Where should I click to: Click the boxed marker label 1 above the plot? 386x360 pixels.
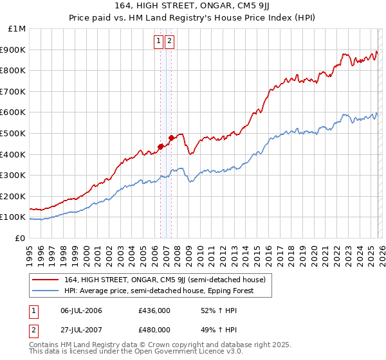158,41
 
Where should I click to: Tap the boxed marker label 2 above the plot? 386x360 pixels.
169,41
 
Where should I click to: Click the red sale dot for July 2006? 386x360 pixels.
160,147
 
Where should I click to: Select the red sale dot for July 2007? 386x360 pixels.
172,138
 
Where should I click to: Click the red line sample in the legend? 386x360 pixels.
46,280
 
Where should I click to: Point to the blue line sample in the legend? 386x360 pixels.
46,291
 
